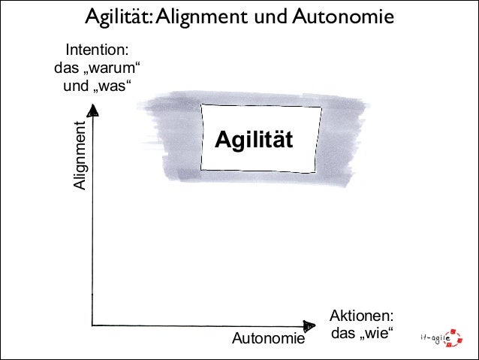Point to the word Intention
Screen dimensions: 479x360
pyautogui.click(x=96, y=51)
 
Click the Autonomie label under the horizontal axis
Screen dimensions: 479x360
pyautogui.click(x=269, y=340)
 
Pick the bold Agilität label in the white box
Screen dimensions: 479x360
pyautogui.click(x=253, y=139)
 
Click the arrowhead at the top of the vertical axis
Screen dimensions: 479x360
pyautogui.click(x=93, y=111)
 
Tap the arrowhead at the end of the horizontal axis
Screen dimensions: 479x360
pyautogui.click(x=309, y=325)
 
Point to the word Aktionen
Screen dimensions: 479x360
pyautogui.click(x=361, y=316)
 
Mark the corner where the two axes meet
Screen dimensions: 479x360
pyautogui.click(x=92, y=325)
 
